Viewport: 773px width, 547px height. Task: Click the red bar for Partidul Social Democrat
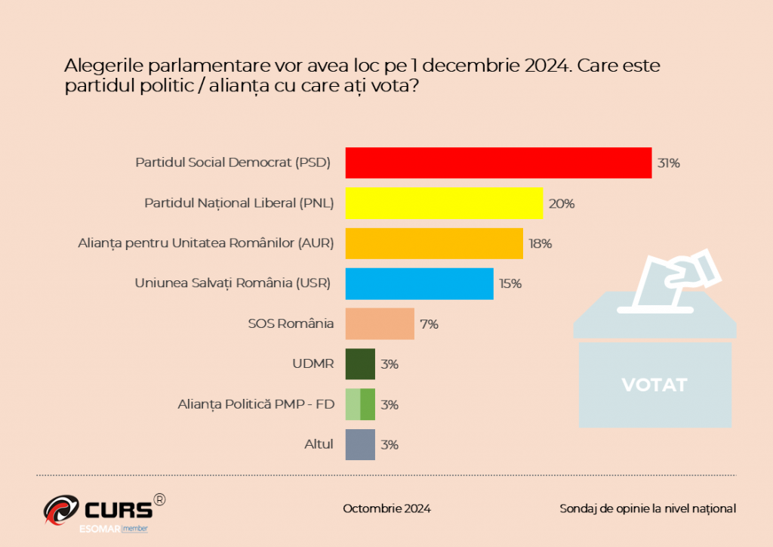coord(498,162)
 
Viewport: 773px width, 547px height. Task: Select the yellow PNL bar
coord(444,203)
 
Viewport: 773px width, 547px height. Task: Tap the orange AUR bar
coord(434,243)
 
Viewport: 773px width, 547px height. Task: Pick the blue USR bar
coord(419,283)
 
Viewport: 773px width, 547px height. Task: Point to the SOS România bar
coord(380,323)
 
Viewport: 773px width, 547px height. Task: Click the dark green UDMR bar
coord(360,364)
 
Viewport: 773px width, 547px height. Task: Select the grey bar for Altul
coord(360,444)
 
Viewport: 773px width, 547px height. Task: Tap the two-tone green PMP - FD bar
coord(360,404)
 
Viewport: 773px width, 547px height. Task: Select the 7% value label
coord(429,324)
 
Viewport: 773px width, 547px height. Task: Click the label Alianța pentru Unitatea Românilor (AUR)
coord(206,244)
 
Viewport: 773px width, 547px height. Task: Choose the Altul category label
coord(318,444)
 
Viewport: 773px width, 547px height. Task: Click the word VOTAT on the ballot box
coord(654,385)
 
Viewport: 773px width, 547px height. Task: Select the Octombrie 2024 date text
coord(386,508)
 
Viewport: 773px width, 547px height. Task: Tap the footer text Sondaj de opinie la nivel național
coord(647,508)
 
